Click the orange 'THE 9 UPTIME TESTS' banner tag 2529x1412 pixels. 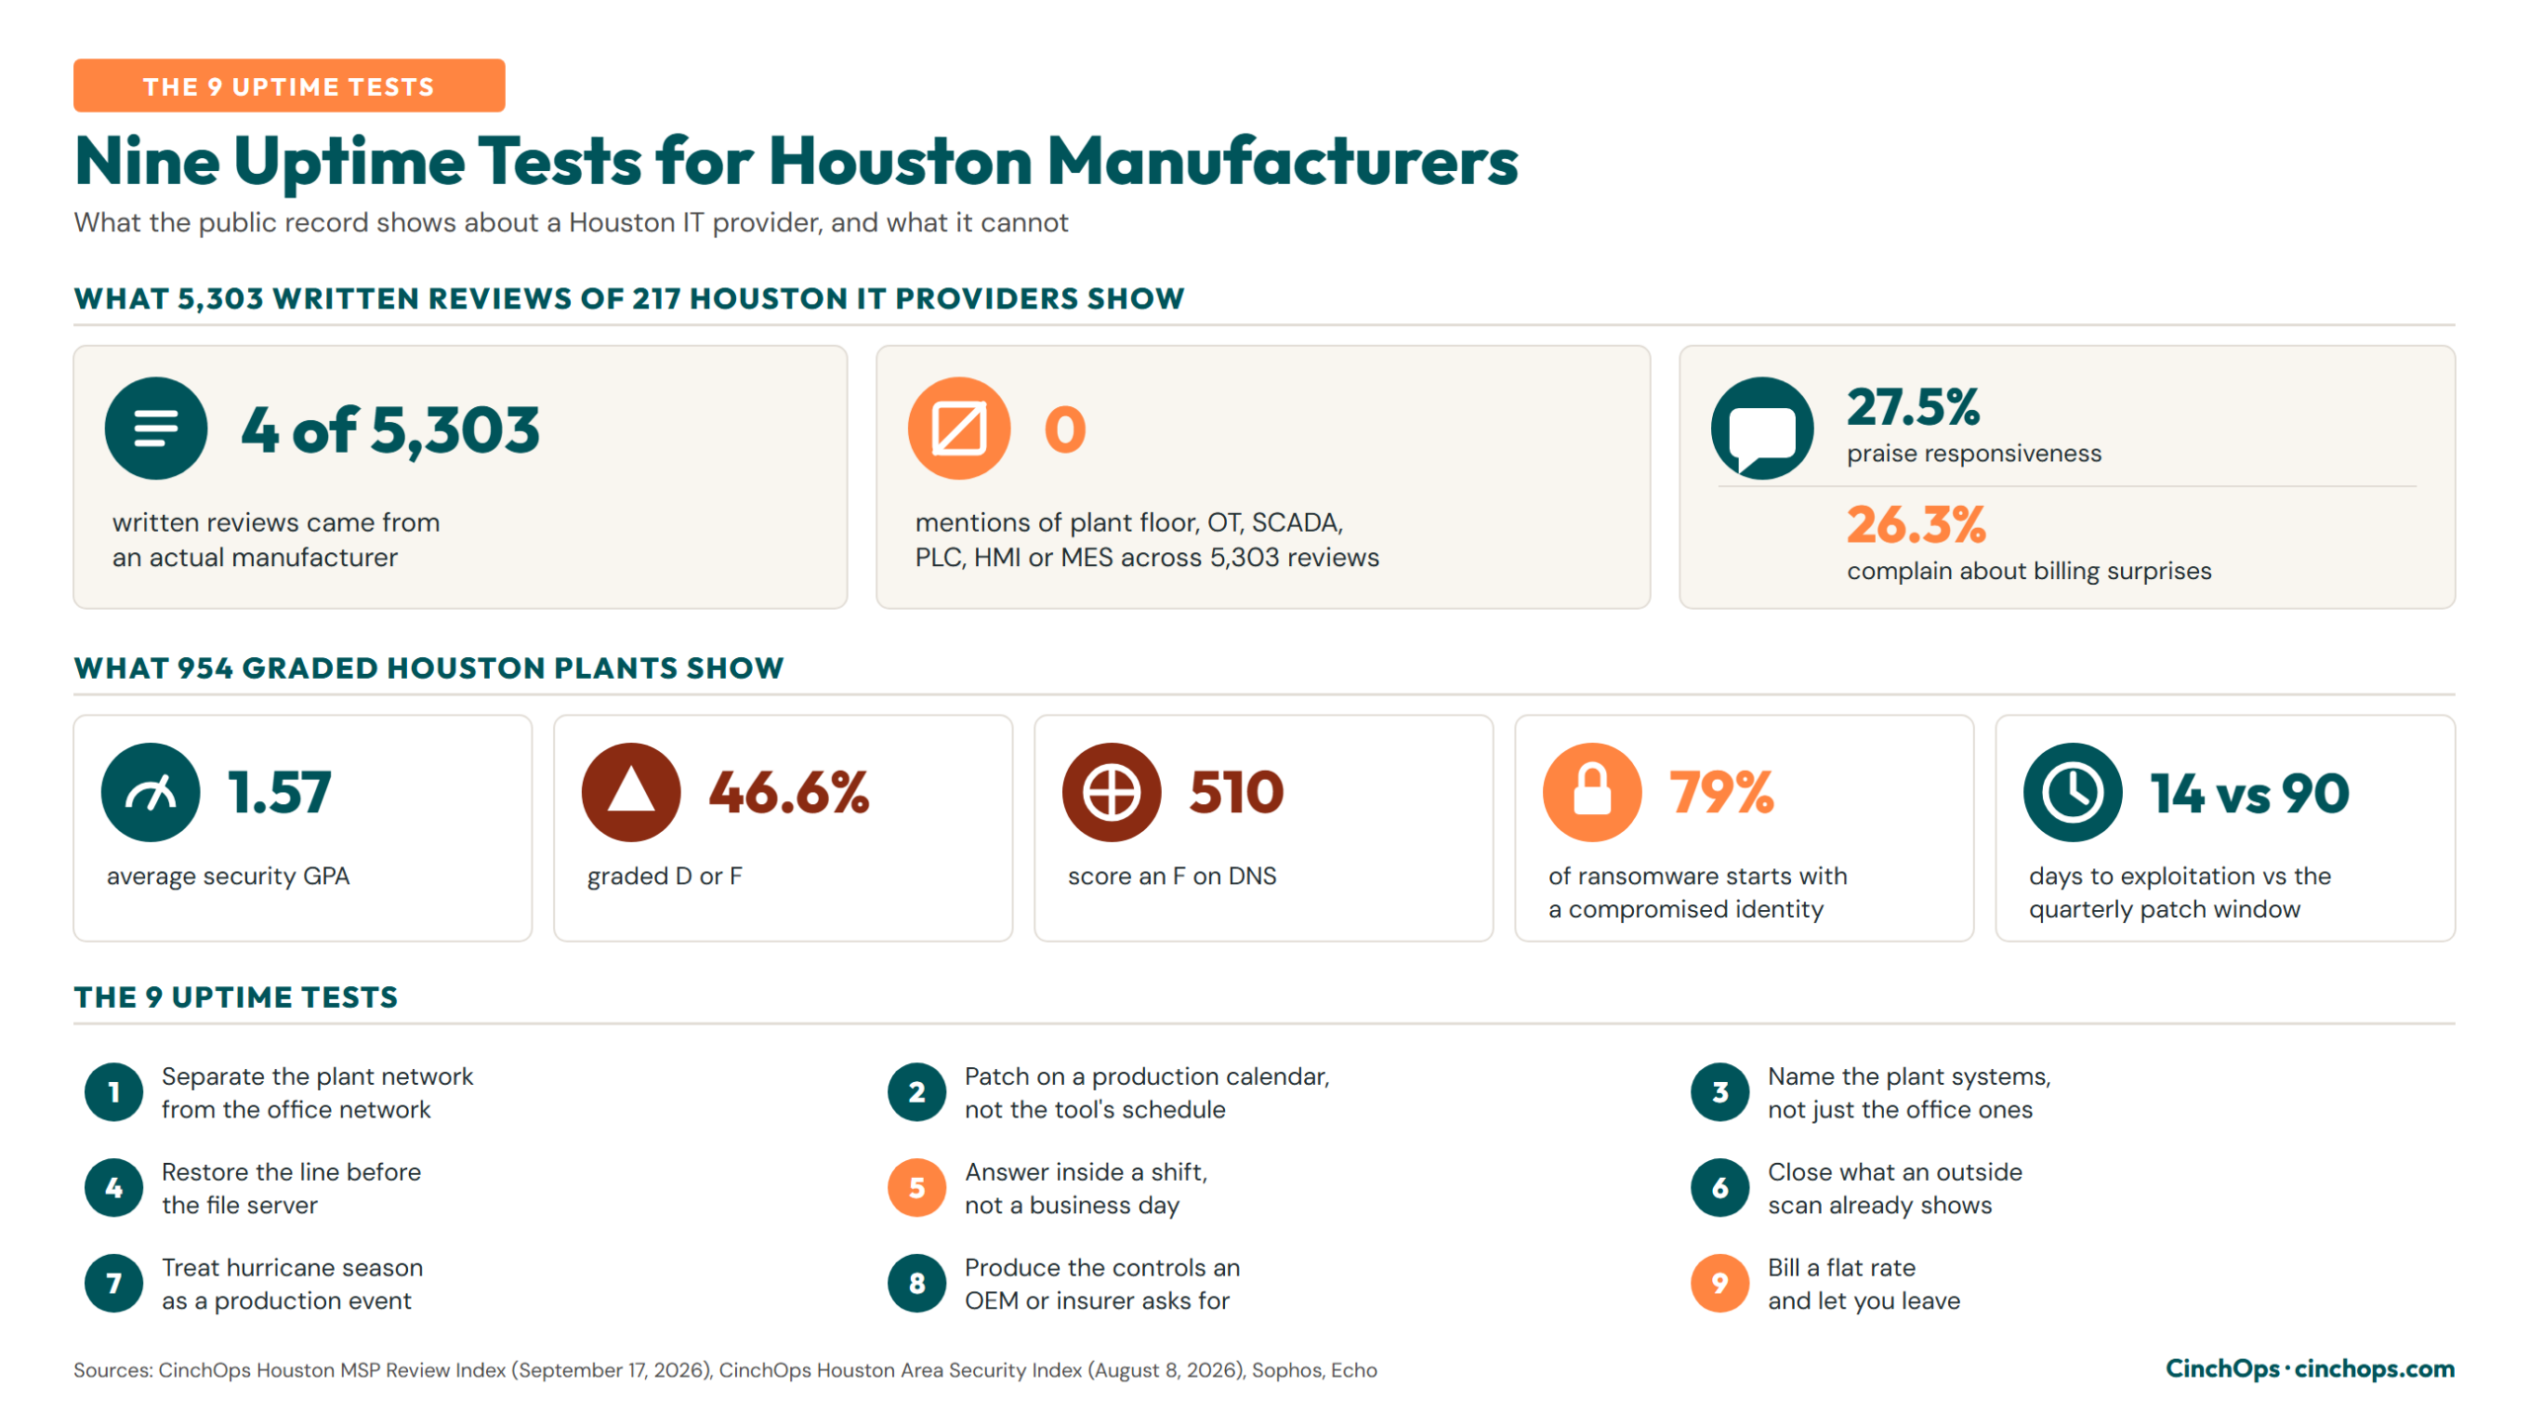click(x=288, y=86)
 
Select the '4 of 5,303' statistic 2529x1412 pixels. click(x=390, y=431)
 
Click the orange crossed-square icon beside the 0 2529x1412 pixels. click(x=958, y=429)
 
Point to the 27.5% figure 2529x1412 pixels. click(x=1914, y=406)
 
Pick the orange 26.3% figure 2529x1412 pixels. click(x=1916, y=524)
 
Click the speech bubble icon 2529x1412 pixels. click(x=1761, y=429)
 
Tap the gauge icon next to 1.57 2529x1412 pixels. click(x=150, y=792)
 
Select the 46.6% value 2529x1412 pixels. click(x=788, y=792)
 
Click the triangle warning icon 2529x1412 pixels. click(x=631, y=792)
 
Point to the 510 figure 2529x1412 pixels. click(x=1236, y=792)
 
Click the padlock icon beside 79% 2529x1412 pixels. click(x=1592, y=792)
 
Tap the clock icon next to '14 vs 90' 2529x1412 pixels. click(x=2073, y=792)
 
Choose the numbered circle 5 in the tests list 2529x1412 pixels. click(x=917, y=1188)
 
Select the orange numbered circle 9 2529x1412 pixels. click(x=1720, y=1284)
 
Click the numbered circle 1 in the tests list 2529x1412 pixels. click(x=114, y=1092)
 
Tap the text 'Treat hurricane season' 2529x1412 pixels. click(x=292, y=1268)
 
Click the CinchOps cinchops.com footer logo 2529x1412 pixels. click(x=2310, y=1369)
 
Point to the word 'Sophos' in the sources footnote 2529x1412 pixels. click(x=1285, y=1370)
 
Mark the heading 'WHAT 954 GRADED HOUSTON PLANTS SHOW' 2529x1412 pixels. click(x=429, y=668)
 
